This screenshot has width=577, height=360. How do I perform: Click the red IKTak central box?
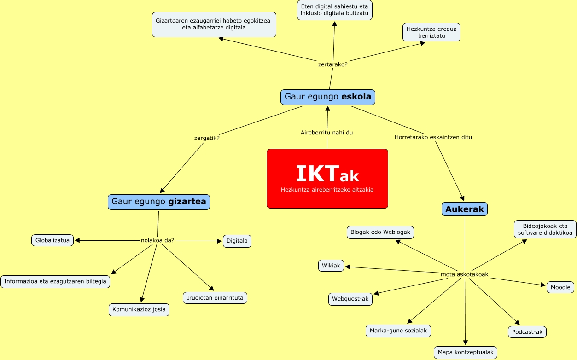tap(327, 179)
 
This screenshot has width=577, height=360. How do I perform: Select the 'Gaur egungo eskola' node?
tap(328, 97)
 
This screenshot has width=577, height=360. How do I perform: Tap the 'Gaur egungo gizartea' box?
tap(159, 202)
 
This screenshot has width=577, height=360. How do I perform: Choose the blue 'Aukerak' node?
tap(465, 209)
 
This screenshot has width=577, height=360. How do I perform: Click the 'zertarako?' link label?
tap(332, 64)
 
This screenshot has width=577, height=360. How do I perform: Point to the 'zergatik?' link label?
tap(207, 138)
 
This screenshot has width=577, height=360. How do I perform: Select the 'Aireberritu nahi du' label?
tap(326, 133)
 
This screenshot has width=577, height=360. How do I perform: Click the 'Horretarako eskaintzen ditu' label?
tap(433, 137)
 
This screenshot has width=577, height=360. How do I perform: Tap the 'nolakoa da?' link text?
tap(157, 240)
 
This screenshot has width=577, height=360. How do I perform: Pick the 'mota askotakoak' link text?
tap(464, 274)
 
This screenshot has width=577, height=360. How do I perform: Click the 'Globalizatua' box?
tap(52, 240)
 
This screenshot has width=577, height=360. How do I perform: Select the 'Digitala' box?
tap(237, 241)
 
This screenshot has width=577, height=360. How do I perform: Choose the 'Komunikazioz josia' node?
tap(139, 309)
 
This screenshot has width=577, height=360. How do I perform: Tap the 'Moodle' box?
tap(560, 287)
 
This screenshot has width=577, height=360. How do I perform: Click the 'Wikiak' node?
tap(331, 266)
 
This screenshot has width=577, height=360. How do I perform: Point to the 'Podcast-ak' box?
tap(527, 332)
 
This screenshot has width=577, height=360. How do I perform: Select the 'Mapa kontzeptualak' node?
tap(466, 353)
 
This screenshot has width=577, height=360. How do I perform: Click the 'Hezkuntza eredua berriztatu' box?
tap(431, 32)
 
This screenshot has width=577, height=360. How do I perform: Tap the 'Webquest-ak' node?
tap(350, 299)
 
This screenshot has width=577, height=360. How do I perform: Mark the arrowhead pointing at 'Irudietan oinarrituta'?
tap(211, 289)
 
